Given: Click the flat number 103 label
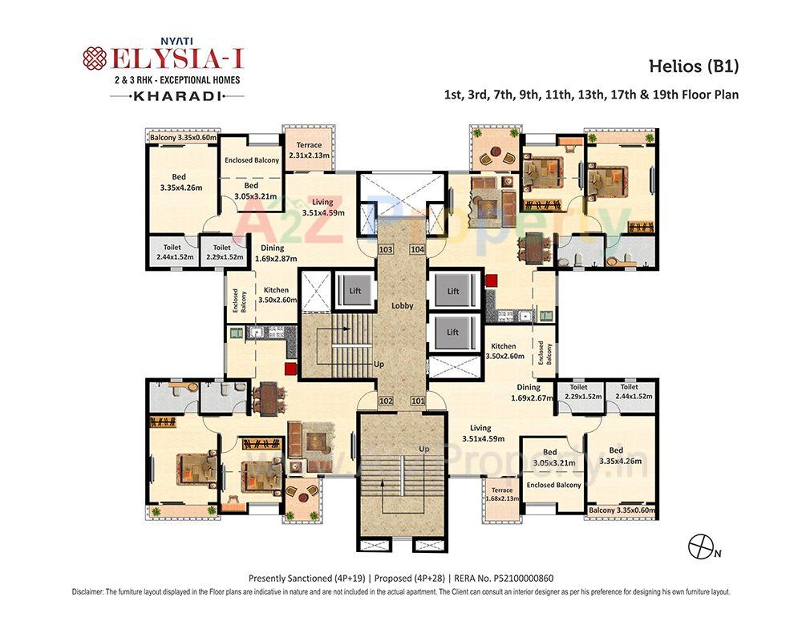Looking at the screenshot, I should coord(386,250).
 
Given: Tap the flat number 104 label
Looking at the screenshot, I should coord(418,250).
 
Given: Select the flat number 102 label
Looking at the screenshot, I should coord(386,401).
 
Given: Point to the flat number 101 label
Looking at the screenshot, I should coord(418,401).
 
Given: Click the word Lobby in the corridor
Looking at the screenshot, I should coord(402,306).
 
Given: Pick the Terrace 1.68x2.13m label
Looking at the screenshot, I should coord(502,494).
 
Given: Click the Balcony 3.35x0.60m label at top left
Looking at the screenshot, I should coord(184,138).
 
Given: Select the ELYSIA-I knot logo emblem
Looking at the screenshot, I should coord(95,60).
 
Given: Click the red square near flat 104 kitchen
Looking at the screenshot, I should coord(491,280).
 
